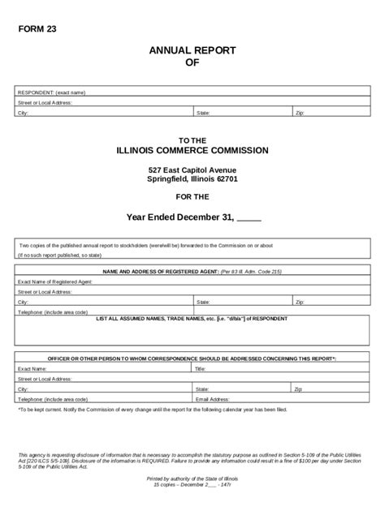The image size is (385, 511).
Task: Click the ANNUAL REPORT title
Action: (192, 50)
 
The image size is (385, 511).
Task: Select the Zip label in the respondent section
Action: (300, 113)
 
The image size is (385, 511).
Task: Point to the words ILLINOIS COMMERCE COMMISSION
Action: (192, 151)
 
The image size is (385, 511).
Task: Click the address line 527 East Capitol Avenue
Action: (192, 169)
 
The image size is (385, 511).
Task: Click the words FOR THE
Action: (192, 196)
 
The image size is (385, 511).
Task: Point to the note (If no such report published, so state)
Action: (58, 255)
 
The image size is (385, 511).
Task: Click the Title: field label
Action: (201, 368)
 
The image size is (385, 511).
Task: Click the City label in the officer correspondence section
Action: (23, 389)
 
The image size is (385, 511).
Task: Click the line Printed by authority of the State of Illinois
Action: (192, 479)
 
